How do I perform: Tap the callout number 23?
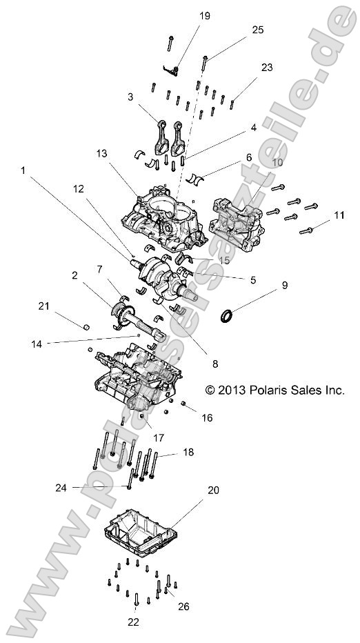[x=267, y=68]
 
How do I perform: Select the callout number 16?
[x=207, y=418]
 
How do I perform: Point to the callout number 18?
[x=189, y=452]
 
